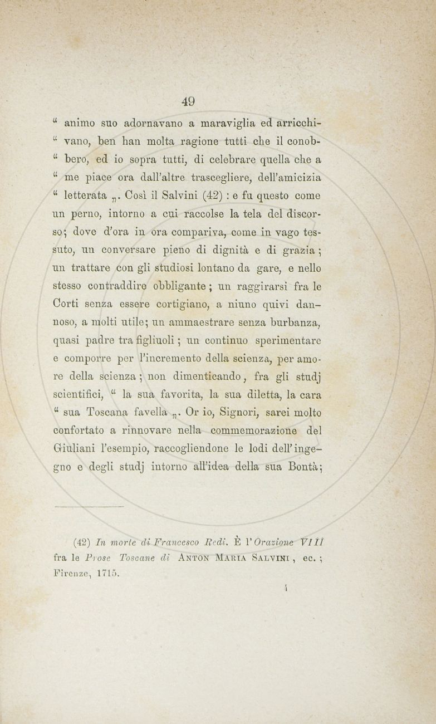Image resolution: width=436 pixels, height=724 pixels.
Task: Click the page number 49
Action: click(188, 101)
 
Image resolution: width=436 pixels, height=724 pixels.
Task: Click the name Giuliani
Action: click(74, 448)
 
